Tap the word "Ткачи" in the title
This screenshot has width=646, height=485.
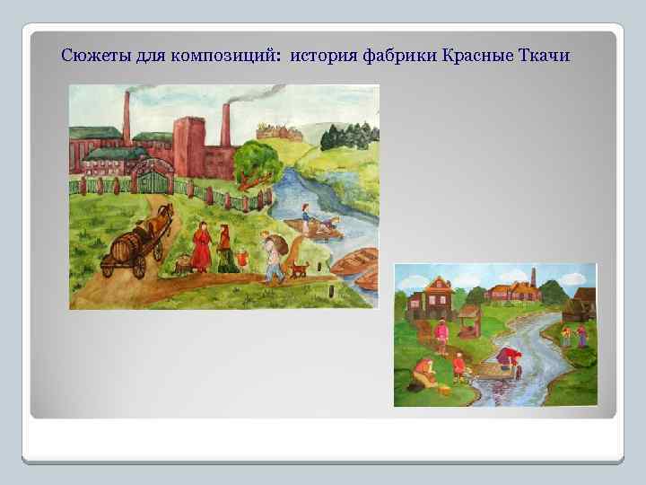click(544, 56)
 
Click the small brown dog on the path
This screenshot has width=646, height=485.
click(300, 268)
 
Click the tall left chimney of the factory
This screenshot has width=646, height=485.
click(127, 117)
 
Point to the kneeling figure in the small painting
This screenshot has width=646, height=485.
click(423, 371)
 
